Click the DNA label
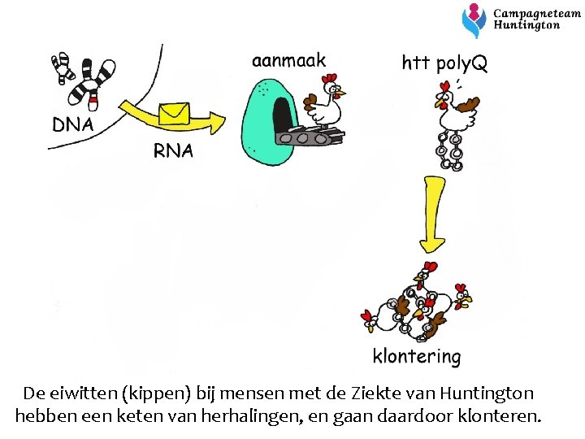(73, 125)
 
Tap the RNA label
(173, 150)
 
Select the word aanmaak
(288, 60)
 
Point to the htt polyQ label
(444, 63)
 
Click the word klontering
(416, 356)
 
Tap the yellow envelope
(174, 113)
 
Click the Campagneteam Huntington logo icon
(474, 20)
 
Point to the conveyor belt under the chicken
(310, 136)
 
